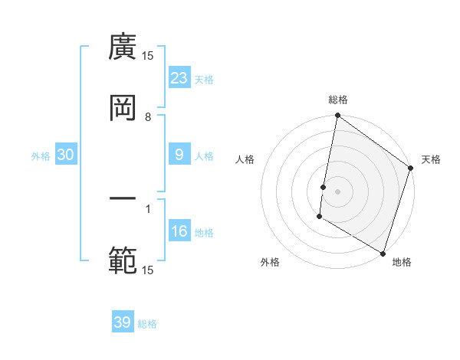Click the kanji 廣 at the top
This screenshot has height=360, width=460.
[123, 47]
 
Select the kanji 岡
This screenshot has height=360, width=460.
[123, 109]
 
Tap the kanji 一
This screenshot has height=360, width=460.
[123, 200]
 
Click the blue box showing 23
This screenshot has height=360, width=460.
[179, 78]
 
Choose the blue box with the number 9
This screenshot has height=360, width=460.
[179, 155]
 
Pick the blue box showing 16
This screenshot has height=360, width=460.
[179, 231]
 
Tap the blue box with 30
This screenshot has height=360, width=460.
[66, 155]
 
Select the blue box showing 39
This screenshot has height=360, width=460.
[123, 322]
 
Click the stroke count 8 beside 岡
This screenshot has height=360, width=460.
[148, 117]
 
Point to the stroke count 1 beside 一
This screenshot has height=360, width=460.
[148, 208]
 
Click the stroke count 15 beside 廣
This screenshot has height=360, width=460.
[148, 56]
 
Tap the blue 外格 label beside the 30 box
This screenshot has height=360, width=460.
[41, 155]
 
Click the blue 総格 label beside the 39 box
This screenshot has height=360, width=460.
[148, 324]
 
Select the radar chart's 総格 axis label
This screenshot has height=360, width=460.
[338, 100]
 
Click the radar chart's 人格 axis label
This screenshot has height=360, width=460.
[245, 160]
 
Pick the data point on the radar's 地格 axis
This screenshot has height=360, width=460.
[383, 253]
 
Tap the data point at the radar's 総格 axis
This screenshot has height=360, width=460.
[337, 116]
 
